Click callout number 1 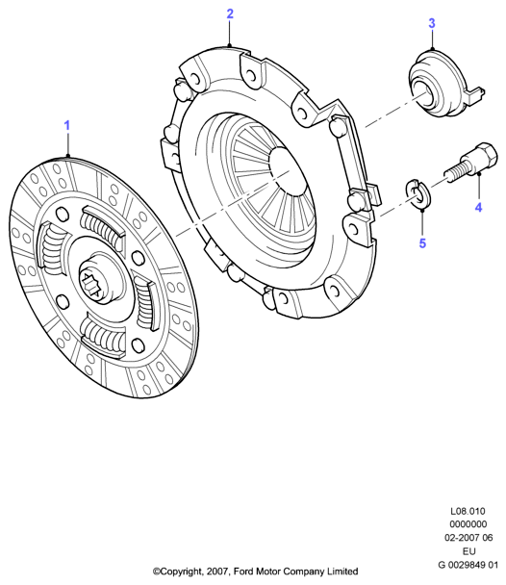pyautogui.click(x=67, y=126)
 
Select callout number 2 pyautogui.click(x=230, y=13)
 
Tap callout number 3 pyautogui.click(x=431, y=23)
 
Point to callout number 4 pyautogui.click(x=478, y=207)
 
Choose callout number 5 pyautogui.click(x=422, y=243)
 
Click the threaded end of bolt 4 pyautogui.click(x=453, y=175)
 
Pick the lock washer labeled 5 pyautogui.click(x=417, y=192)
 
